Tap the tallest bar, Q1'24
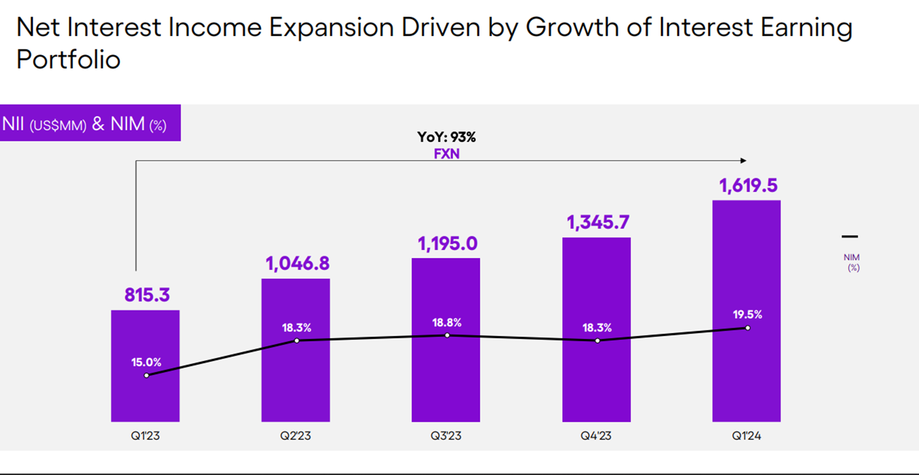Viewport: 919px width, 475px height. click(x=746, y=373)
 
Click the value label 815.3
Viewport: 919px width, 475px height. click(x=147, y=295)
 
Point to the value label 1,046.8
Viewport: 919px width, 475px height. click(x=298, y=264)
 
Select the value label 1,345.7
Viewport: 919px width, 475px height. click(x=598, y=223)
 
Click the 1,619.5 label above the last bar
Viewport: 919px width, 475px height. click(x=748, y=186)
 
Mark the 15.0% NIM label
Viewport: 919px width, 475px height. click(x=146, y=362)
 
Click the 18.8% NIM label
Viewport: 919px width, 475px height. click(x=447, y=323)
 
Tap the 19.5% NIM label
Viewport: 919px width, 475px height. click(x=747, y=315)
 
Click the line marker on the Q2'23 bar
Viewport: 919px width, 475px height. click(x=297, y=341)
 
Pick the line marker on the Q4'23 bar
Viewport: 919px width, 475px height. click(x=597, y=341)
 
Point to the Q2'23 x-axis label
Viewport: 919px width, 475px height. click(x=295, y=436)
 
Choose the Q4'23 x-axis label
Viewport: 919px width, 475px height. click(x=596, y=436)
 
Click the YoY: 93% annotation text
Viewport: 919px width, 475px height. click(x=447, y=137)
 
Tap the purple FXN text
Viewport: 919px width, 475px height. click(x=447, y=154)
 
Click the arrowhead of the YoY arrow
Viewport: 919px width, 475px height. click(x=744, y=161)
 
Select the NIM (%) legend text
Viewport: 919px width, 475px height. click(x=852, y=262)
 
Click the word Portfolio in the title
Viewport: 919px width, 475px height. click(x=69, y=60)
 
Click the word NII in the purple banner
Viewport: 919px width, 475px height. click(x=13, y=124)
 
